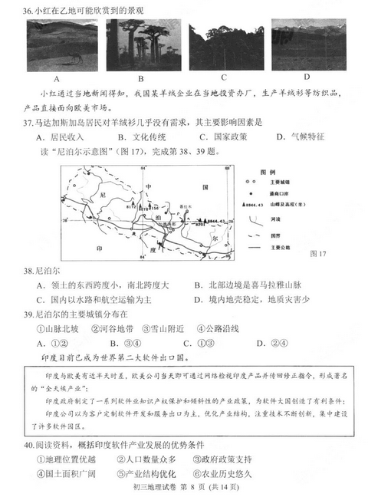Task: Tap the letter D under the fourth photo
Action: (306, 77)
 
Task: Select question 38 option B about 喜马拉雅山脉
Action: (252, 285)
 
